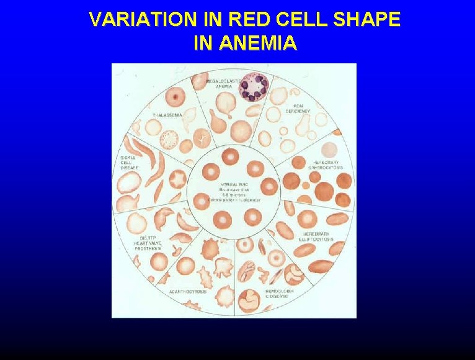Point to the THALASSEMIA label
[167, 115]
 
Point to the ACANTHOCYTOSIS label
[189, 291]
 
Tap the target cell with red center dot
[177, 97]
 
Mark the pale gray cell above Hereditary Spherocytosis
[330, 150]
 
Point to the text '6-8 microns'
[231, 195]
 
